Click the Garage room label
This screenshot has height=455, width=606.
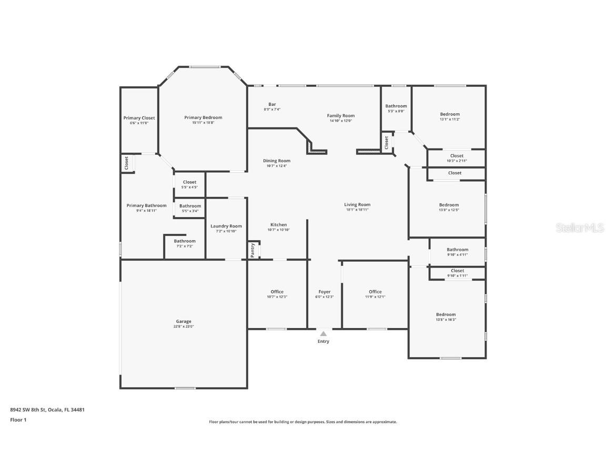click(184, 321)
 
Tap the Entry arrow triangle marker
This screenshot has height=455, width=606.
click(323, 333)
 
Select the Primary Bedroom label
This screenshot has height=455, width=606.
click(203, 117)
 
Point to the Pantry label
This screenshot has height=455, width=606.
click(252, 250)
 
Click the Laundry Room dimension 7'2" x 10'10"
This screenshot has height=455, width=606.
click(226, 231)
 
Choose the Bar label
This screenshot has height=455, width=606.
click(272, 104)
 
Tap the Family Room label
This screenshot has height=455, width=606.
click(341, 115)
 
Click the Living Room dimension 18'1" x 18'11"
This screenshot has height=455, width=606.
click(357, 210)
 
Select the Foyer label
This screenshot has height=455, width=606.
click(325, 292)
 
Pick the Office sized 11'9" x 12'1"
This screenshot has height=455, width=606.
click(375, 292)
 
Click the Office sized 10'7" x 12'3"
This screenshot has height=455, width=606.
click(277, 292)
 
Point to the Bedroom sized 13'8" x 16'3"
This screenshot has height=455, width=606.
click(446, 314)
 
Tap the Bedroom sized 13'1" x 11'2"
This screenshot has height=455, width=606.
click(450, 114)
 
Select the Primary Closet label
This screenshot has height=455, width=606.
click(139, 118)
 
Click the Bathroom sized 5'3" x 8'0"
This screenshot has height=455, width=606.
click(396, 106)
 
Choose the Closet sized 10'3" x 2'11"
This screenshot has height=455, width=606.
click(457, 156)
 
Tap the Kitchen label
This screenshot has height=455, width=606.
click(279, 224)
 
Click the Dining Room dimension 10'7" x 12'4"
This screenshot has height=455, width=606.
click(277, 166)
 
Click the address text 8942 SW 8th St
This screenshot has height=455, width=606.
click(29, 409)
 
